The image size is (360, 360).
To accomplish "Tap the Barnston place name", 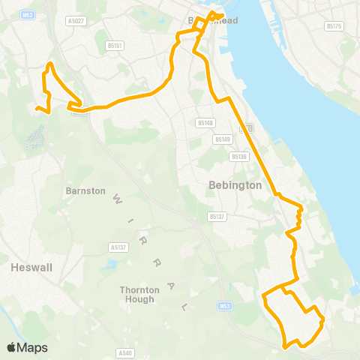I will coord(85,191).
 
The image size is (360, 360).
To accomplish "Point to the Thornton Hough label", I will coord(136,294).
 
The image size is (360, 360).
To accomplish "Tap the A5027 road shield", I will coord(74,21).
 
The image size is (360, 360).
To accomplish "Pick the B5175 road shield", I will coord(334,26).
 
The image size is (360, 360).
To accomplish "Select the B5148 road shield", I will coord(205,122).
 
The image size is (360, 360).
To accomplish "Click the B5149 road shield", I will coord(222,139).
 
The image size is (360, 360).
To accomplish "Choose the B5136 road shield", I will coord(239,156).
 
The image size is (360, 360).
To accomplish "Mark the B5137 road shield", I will coord(217,217).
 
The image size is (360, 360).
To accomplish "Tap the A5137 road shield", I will coord(117,246).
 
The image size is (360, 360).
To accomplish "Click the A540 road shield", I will coord(125,352).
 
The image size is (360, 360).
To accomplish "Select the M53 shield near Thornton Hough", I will coord(226,306).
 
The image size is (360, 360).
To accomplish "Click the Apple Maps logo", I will coord(26,347).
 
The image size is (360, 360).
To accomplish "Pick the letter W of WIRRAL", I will coord(117,199).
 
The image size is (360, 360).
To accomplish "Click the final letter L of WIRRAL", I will coord(185,307).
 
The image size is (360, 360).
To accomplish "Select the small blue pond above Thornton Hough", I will coord(112,265).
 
